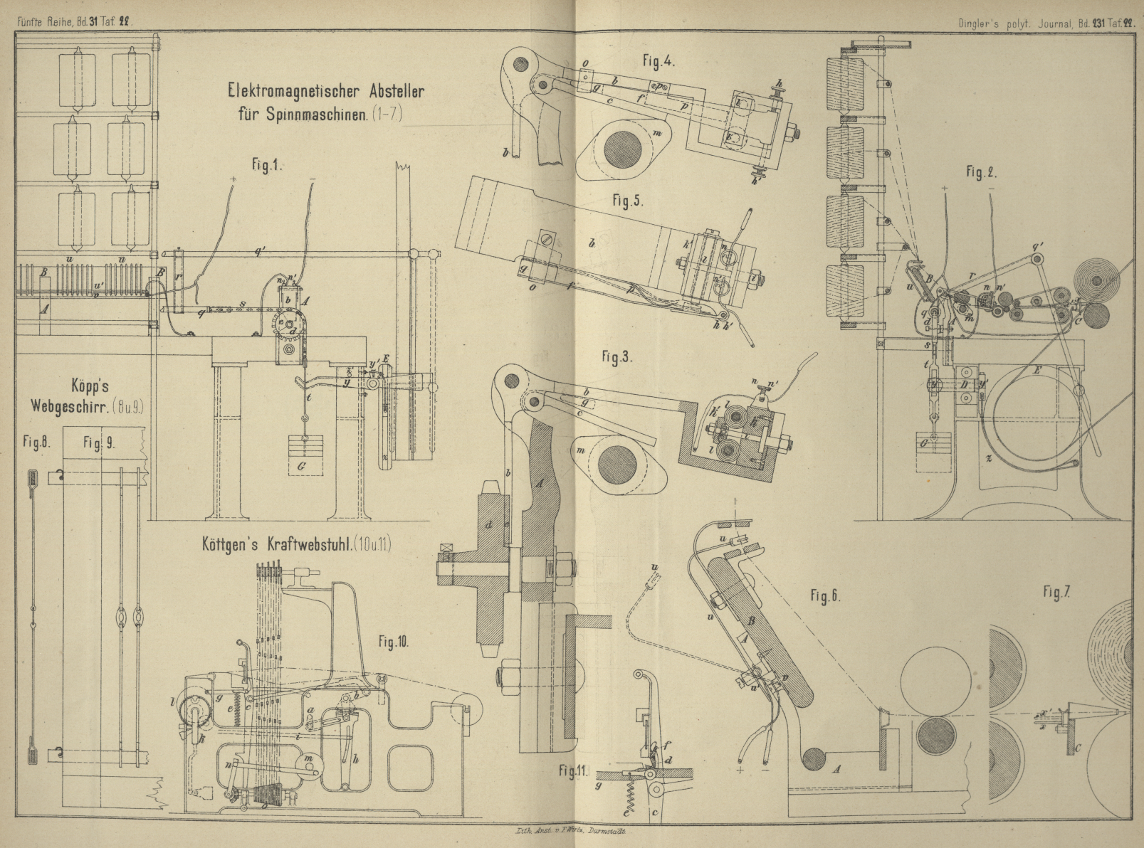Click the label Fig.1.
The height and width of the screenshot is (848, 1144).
pyautogui.click(x=267, y=165)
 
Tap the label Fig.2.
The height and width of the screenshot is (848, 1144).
pyautogui.click(x=980, y=172)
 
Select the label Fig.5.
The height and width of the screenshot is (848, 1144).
pyautogui.click(x=628, y=201)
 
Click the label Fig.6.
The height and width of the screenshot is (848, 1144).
pyautogui.click(x=826, y=596)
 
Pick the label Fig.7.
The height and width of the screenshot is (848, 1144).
pyautogui.click(x=1056, y=592)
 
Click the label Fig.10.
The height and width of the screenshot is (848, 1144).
pyautogui.click(x=393, y=642)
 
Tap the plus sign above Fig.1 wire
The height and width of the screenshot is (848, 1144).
pyautogui.click(x=233, y=179)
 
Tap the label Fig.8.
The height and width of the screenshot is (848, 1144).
pyautogui.click(x=31, y=442)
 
